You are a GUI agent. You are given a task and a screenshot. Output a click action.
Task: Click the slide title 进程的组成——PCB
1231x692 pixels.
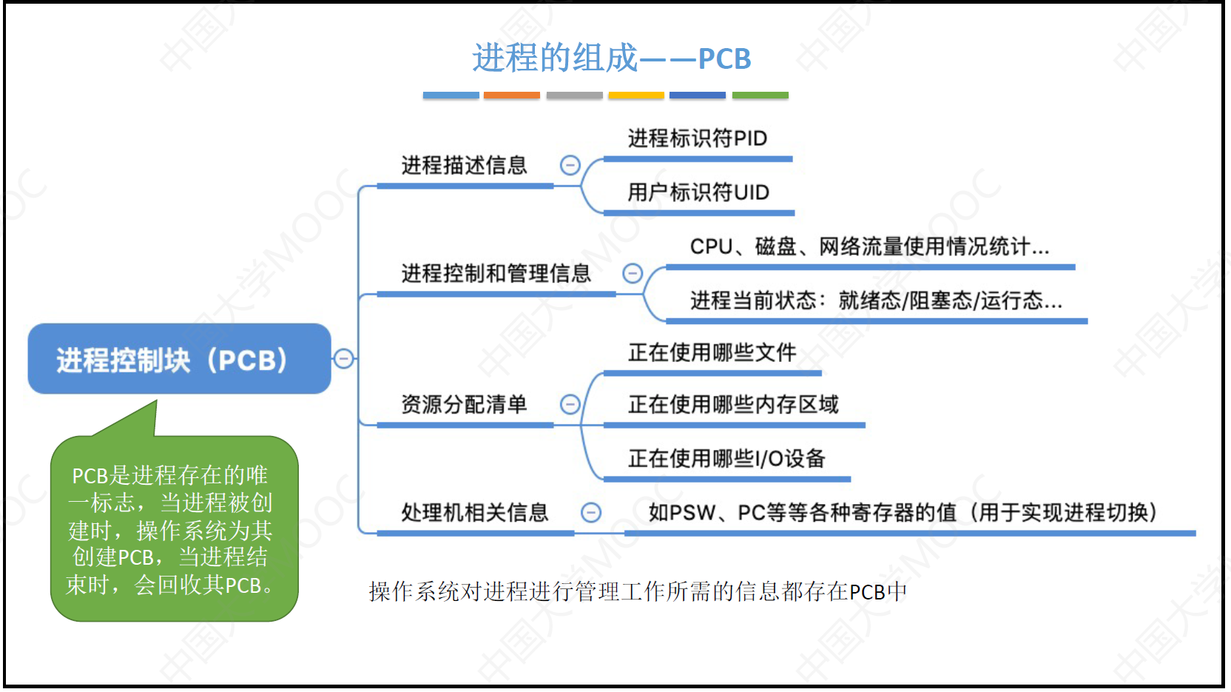coord(611,58)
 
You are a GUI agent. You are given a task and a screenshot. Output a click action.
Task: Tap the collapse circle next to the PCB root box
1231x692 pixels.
coord(343,359)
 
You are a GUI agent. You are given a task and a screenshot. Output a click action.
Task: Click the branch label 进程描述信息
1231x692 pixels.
coord(464,165)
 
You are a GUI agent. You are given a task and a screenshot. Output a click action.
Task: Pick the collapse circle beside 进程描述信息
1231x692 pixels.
coord(570,165)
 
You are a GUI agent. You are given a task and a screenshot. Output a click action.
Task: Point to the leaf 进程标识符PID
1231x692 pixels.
coord(697,138)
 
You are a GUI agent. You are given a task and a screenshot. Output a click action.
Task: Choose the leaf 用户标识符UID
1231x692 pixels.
coord(698,192)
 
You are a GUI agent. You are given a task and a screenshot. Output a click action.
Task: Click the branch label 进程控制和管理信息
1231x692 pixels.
coord(496,273)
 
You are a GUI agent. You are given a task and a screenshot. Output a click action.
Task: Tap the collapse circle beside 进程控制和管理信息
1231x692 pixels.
coord(633,273)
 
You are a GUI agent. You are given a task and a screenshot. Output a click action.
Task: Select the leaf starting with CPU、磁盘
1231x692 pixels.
coord(869,246)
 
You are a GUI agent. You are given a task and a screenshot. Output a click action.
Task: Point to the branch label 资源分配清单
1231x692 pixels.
coord(464,404)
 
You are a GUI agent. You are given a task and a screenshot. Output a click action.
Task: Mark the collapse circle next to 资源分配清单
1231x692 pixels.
coord(570,404)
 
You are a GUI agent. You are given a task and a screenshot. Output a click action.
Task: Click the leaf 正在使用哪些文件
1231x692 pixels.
coord(712,352)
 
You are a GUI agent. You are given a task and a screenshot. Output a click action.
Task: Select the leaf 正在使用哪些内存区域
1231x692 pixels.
coord(733,404)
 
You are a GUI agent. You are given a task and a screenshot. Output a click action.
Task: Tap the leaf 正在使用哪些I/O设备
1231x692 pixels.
coord(726,459)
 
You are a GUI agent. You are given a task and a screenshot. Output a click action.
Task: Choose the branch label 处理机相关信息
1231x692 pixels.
coord(474,512)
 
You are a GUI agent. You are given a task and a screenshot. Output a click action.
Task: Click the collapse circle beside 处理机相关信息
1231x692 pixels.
coord(591,512)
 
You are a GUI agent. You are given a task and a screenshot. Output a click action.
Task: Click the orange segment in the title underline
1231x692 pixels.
coord(511,95)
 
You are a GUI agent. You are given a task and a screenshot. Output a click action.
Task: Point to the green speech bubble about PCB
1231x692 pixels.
coord(174,528)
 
